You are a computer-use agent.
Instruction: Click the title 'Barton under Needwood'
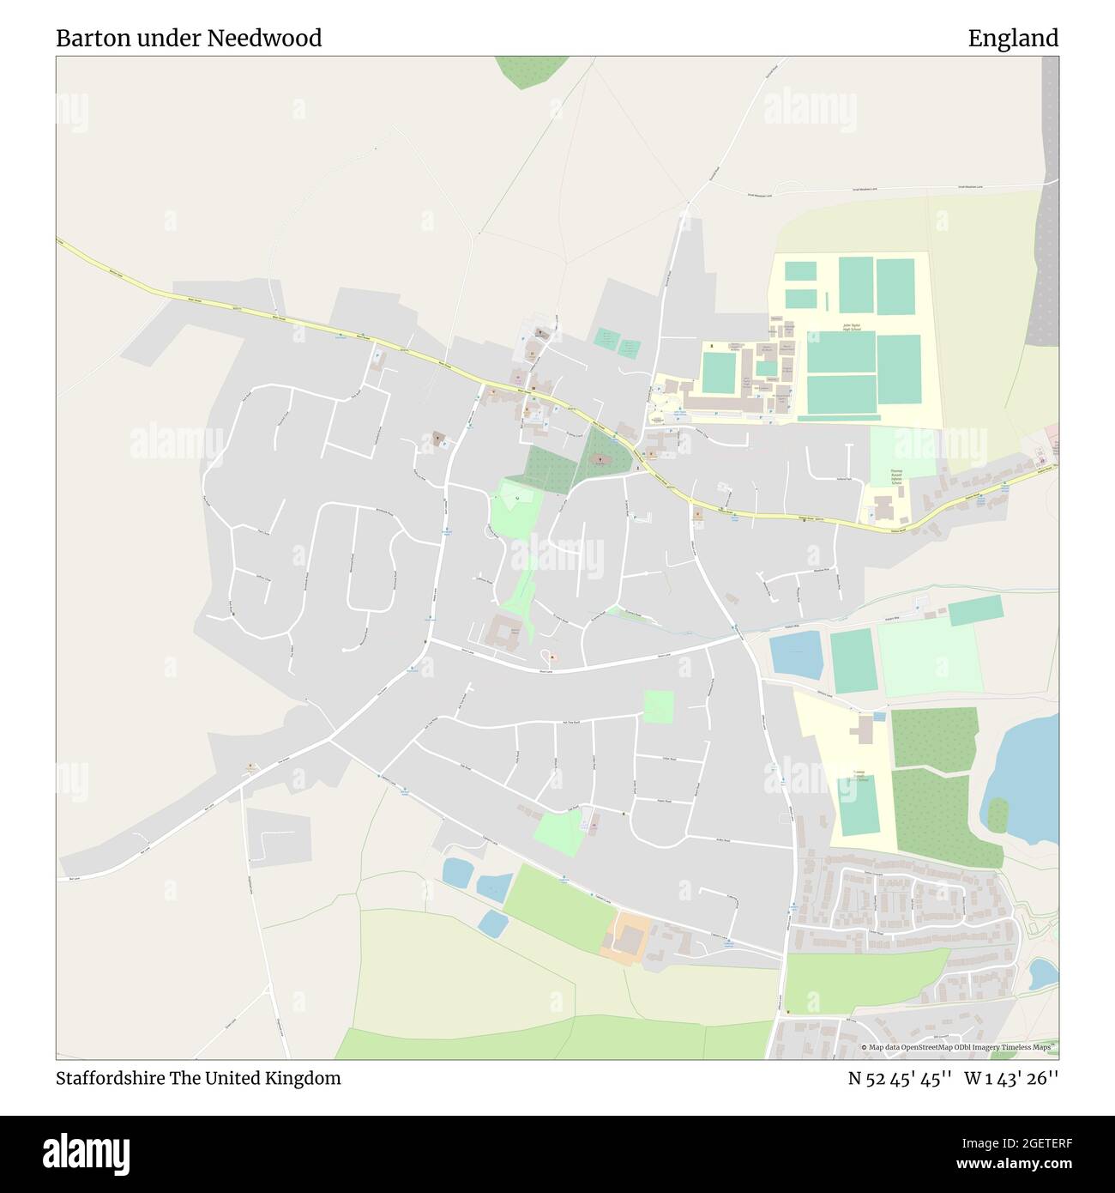(189, 38)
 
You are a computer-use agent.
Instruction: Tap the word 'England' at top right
(1013, 38)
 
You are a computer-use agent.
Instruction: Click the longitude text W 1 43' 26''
(1011, 1078)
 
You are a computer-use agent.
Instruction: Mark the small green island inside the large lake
(997, 815)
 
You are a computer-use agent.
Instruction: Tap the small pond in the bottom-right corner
(1042, 973)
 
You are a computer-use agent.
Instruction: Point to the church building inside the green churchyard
(600, 460)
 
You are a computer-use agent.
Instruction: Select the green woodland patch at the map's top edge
(526, 70)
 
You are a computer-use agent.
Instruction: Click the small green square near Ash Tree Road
(659, 706)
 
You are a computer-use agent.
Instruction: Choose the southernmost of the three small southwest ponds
(492, 924)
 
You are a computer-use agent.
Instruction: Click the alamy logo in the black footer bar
(84, 1150)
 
